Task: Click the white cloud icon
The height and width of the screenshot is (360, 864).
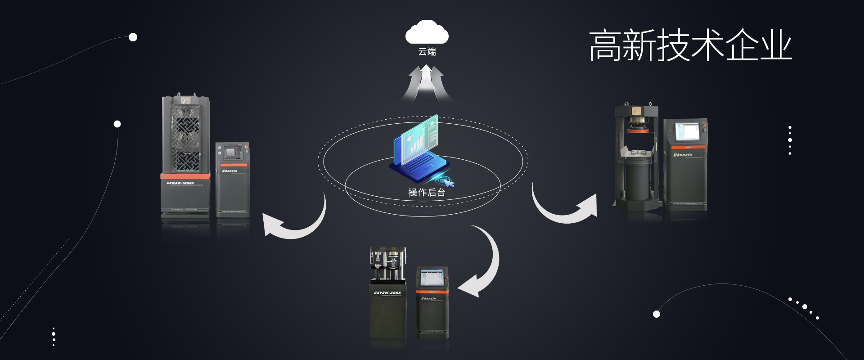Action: pos(427,33)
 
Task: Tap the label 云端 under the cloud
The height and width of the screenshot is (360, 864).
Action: pos(427,52)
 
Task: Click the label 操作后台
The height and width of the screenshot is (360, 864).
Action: pos(427,193)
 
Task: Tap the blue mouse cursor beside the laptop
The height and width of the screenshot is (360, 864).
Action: pos(448,182)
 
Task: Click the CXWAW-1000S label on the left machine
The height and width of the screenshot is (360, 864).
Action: pos(180,183)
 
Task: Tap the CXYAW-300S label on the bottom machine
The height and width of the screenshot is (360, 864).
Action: pos(387,293)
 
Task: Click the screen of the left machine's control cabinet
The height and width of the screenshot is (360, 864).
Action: pos(231,153)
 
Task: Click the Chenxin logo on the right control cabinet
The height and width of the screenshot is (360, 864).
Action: pos(683,155)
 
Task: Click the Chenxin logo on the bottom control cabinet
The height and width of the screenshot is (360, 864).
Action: pos(428,298)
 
